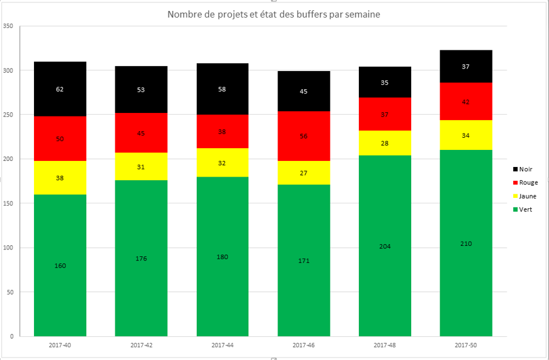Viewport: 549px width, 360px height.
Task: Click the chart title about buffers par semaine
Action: click(x=274, y=15)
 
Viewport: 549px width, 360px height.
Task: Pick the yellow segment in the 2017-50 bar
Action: click(x=466, y=135)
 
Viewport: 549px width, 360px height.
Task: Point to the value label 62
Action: click(x=60, y=89)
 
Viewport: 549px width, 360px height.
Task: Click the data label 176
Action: click(x=141, y=259)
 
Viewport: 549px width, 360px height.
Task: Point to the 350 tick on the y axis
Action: click(x=8, y=26)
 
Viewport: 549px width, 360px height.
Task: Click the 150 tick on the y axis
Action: click(x=8, y=203)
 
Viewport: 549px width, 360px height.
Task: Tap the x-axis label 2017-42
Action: click(x=141, y=345)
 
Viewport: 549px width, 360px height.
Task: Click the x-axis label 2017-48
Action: click(x=385, y=345)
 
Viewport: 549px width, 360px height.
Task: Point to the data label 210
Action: click(x=466, y=243)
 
